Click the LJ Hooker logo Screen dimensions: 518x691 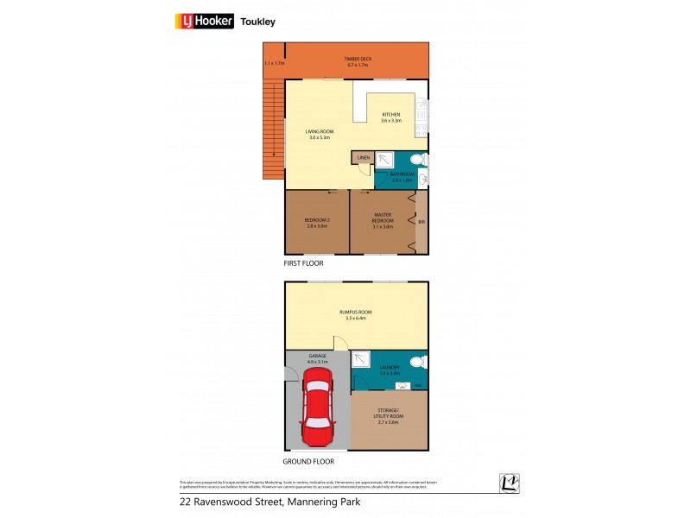205,22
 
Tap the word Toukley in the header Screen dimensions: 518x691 257,22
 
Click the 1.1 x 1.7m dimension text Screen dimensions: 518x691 274,64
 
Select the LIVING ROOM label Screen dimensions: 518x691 319,133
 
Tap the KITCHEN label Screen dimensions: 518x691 391,117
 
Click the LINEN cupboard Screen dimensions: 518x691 363,158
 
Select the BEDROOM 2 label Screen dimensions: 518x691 315,223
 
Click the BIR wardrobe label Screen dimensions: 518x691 421,223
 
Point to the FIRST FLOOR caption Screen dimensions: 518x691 304,261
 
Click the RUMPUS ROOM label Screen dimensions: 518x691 356,315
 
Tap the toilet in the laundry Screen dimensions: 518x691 416,363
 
